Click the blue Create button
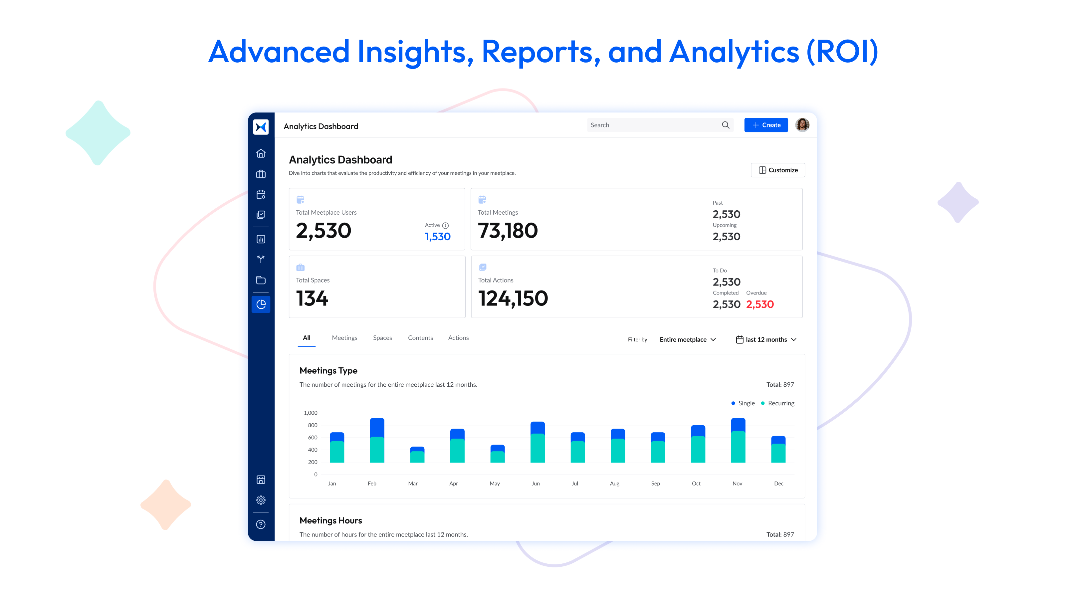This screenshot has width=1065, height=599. (x=766, y=125)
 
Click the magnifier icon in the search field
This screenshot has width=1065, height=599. (x=725, y=125)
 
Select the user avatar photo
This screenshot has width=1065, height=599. (x=802, y=125)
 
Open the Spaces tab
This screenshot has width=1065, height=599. (x=382, y=338)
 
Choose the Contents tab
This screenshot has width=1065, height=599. (x=420, y=338)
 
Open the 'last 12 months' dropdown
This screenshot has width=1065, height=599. (x=766, y=339)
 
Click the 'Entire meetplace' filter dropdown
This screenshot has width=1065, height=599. (x=688, y=339)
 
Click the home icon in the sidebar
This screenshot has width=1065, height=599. (x=261, y=153)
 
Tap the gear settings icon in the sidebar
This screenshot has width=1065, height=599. (x=261, y=500)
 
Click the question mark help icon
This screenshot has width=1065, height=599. (x=261, y=524)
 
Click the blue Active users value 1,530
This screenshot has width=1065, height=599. (x=437, y=237)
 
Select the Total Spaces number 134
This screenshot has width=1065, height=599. (x=312, y=299)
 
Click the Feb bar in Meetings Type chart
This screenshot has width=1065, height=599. (x=377, y=440)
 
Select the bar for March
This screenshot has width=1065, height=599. (x=417, y=455)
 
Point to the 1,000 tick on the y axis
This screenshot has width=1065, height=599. (x=311, y=413)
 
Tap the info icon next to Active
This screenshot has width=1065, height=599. (x=445, y=225)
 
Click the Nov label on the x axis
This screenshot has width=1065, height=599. (x=737, y=483)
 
